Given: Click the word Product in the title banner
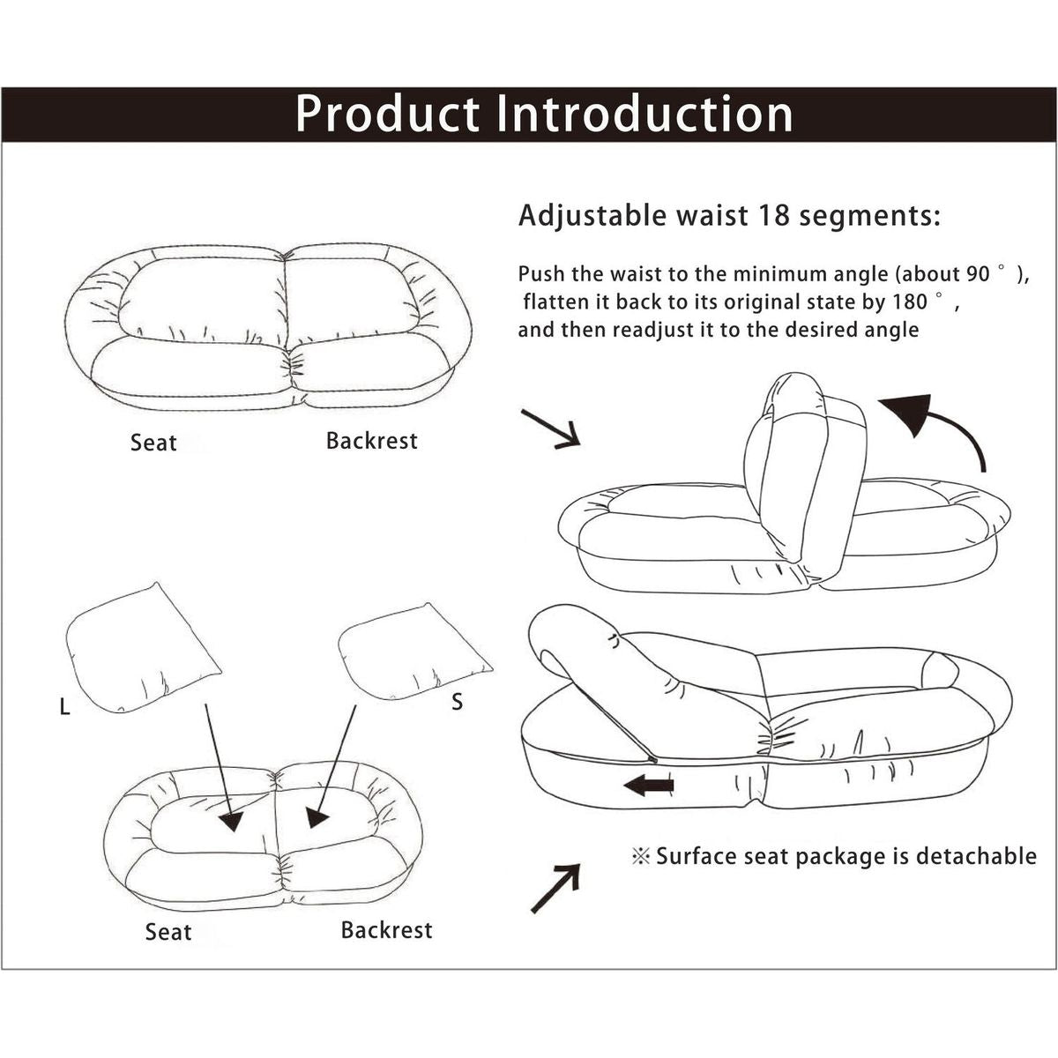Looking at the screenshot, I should [x=387, y=115].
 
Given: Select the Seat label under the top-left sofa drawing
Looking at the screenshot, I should [x=153, y=443].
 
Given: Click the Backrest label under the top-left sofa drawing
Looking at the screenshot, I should [x=371, y=441].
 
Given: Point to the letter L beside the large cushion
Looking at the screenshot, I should [x=64, y=707].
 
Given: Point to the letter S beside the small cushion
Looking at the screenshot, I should [x=457, y=703].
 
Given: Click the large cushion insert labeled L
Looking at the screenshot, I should [x=141, y=648].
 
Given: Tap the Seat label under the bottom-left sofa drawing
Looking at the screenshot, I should [x=168, y=932].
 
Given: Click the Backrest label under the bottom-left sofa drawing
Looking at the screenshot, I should [x=386, y=930].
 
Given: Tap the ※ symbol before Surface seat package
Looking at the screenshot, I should [x=641, y=856].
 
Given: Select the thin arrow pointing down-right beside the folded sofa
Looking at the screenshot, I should [x=550, y=428].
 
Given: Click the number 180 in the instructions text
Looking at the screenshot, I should [x=909, y=302].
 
